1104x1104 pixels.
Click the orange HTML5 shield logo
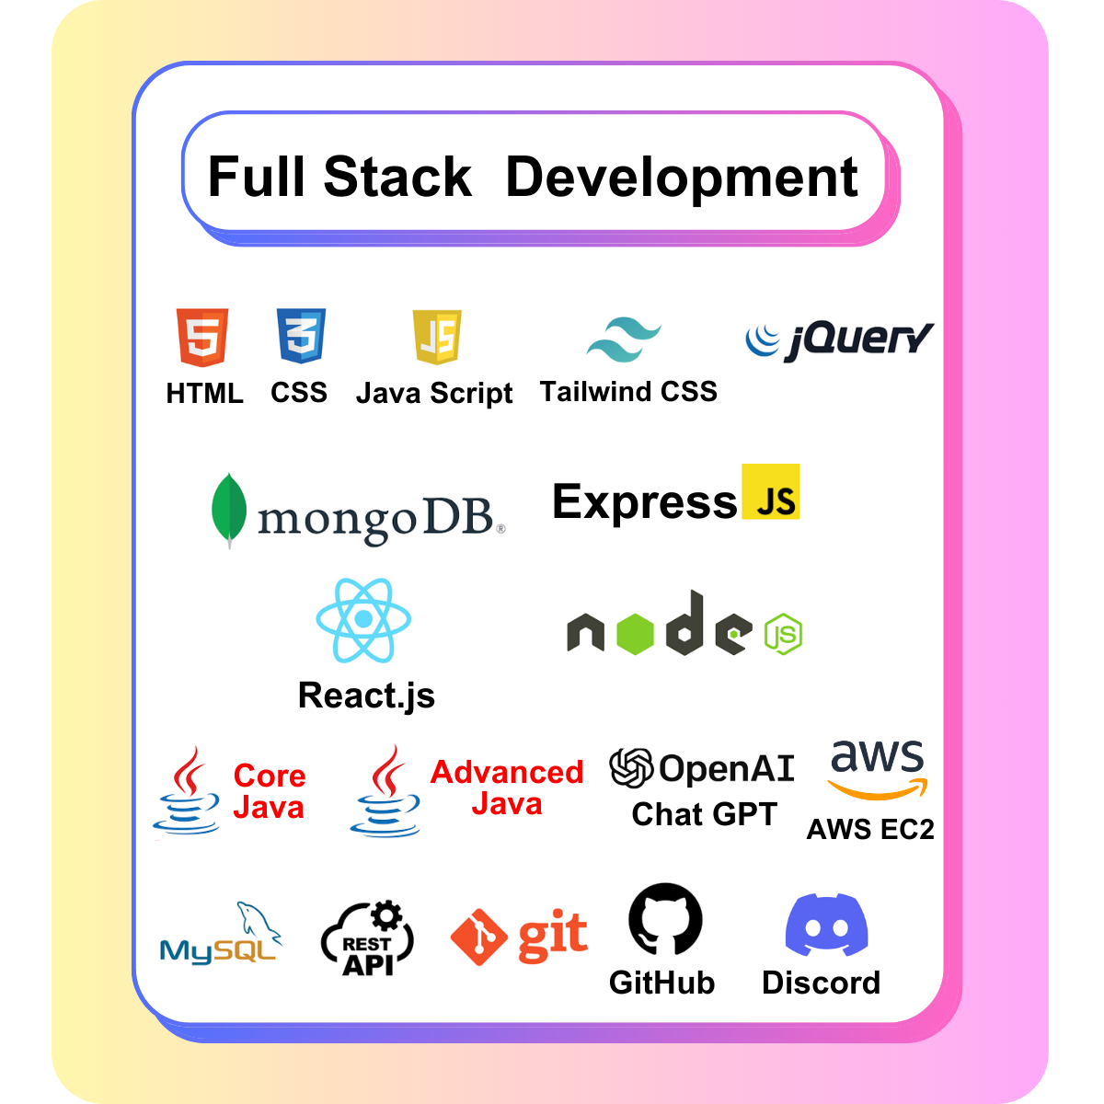[x=202, y=338]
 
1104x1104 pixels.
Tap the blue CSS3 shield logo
[x=301, y=336]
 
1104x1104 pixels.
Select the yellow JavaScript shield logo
[x=436, y=337]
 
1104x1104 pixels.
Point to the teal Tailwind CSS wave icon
[x=624, y=339]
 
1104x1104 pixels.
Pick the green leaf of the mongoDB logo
[x=228, y=510]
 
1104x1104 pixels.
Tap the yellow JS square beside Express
[x=771, y=492]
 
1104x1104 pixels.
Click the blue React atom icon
[x=363, y=620]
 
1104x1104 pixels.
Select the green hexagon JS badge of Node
[x=784, y=633]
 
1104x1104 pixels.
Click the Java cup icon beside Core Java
[x=188, y=793]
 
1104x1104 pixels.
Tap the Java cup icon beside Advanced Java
[x=385, y=793]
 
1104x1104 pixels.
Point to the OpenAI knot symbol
[x=632, y=767]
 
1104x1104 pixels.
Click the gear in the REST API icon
[x=386, y=915]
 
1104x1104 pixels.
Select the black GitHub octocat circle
[x=665, y=919]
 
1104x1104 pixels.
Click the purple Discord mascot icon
[x=826, y=926]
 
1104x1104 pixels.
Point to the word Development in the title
[x=682, y=177]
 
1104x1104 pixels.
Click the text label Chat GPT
[x=704, y=814]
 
